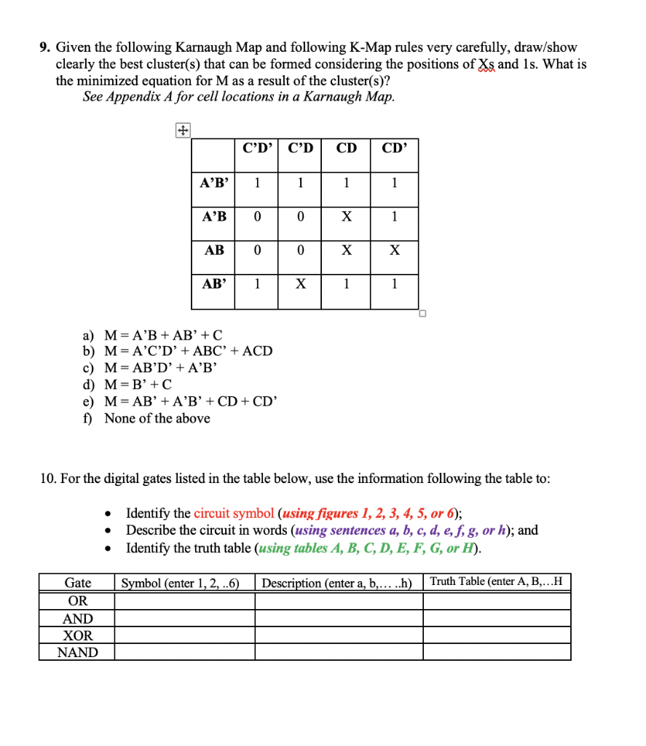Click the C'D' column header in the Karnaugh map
click(x=257, y=149)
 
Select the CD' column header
click(x=395, y=149)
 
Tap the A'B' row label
click(x=213, y=183)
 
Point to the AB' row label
click(x=213, y=284)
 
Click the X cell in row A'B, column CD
click(x=347, y=216)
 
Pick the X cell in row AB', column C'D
click(x=301, y=284)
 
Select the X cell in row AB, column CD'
click(x=395, y=250)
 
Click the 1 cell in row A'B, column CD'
click(x=395, y=216)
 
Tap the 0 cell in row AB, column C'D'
click(x=257, y=250)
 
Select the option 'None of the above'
click(x=157, y=418)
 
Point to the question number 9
click(x=44, y=47)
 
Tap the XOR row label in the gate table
click(x=77, y=635)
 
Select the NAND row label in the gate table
click(x=77, y=652)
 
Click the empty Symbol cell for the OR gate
click(x=185, y=601)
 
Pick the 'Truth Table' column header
click(x=496, y=582)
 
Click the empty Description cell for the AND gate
click(x=339, y=619)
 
